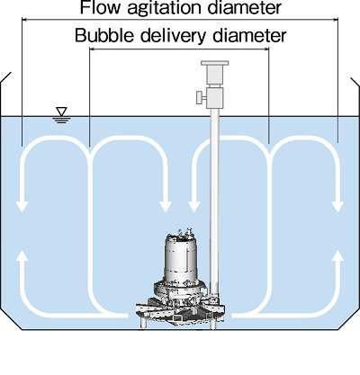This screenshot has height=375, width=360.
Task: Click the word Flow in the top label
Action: click(100, 7)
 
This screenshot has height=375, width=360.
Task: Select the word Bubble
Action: click(104, 35)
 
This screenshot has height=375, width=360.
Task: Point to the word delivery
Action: click(174, 36)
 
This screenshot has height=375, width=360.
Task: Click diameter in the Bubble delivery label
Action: click(249, 35)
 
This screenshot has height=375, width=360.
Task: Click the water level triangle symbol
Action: click(62, 112)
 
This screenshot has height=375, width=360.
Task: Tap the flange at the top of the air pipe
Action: click(215, 63)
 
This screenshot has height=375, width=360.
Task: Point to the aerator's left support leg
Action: click(144, 323)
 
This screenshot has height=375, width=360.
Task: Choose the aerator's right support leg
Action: click(213, 325)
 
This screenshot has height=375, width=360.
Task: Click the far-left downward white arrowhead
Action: click(22, 207)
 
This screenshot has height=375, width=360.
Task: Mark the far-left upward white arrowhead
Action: click(22, 256)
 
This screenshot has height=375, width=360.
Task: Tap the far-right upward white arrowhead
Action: click(338, 256)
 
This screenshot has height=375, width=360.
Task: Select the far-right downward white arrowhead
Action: click(338, 207)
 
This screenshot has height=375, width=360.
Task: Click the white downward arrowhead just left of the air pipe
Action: click(194, 207)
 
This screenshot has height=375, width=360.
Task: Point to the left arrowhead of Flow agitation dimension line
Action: click(24, 20)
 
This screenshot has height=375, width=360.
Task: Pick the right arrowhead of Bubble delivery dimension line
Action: click(266, 49)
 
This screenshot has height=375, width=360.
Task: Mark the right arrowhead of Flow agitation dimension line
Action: click(335, 20)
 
